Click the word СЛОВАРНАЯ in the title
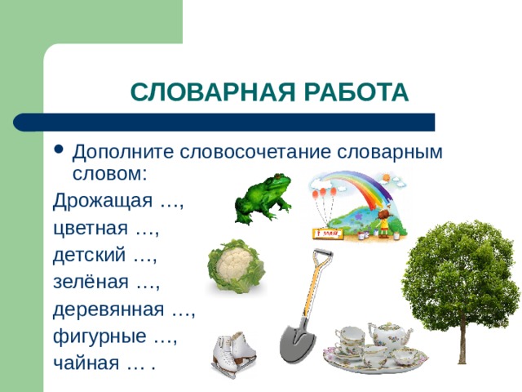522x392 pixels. tap(213, 91)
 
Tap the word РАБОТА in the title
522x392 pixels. tap(356, 91)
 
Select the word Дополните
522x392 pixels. tap(123, 153)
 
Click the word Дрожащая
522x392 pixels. tap(103, 201)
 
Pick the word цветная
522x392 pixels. tap(91, 229)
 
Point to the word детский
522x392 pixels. tap(89, 255)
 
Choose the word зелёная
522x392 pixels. tap(91, 282)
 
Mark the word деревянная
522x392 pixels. tap(108, 310)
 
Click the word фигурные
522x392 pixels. tap(100, 336)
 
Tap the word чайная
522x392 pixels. tap(86, 363)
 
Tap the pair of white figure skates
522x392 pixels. tap(233, 354)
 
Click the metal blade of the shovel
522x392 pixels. tap(297, 341)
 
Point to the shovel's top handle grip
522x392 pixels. tap(323, 253)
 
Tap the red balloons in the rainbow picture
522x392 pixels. tap(324, 194)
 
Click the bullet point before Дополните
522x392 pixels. tap(59, 149)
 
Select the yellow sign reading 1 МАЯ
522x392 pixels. tap(328, 234)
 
